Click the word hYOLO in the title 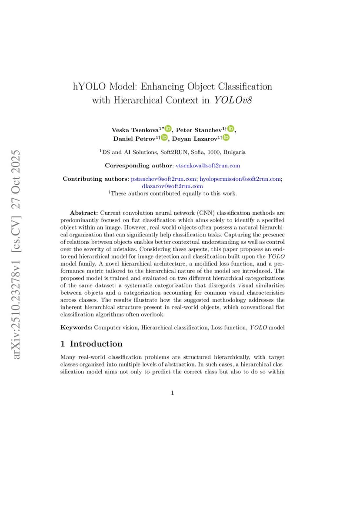coord(89,86)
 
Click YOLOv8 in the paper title coord(233,100)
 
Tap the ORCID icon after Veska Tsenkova coord(168,129)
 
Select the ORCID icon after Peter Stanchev coord(231,129)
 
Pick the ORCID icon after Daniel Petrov coord(164,138)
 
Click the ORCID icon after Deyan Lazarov coord(226,138)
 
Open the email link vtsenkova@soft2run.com coord(207,166)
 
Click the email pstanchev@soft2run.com coord(163,179)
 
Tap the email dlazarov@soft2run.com coord(172,186)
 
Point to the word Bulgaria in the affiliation coord(234,152)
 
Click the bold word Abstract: coord(84,213)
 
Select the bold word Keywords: coord(76,327)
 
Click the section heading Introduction coord(96,344)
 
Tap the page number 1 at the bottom coord(173,393)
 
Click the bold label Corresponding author coord(138,166)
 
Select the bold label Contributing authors coord(95,179)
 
